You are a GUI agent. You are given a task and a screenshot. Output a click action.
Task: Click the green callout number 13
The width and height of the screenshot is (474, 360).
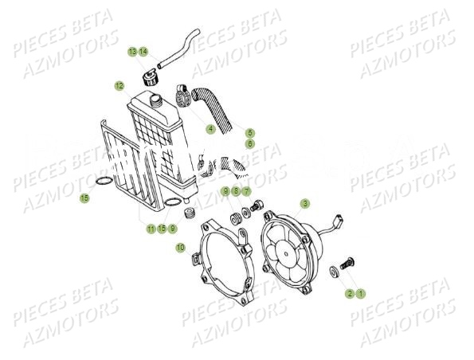tap(132, 52)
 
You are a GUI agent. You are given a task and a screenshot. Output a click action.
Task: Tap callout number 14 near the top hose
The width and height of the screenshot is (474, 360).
tap(143, 52)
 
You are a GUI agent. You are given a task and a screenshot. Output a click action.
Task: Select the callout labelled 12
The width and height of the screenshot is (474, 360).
tap(119, 85)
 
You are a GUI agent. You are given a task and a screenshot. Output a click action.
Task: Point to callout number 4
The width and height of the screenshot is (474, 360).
tap(210, 128)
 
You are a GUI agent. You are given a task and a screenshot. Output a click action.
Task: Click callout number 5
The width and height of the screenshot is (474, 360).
tap(249, 132)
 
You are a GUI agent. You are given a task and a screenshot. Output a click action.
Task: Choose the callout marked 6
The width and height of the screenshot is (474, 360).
tap(249, 144)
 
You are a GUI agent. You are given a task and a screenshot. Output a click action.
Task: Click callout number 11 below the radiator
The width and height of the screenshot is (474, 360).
tap(151, 229)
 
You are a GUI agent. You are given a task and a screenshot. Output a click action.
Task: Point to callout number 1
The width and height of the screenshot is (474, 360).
tap(360, 293)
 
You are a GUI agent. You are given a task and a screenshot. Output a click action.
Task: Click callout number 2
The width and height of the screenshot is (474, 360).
tap(349, 293)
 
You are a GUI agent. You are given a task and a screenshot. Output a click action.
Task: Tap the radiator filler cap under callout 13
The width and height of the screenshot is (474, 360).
tap(149, 78)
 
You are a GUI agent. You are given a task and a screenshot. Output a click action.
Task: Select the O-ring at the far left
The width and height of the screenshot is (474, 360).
tap(101, 186)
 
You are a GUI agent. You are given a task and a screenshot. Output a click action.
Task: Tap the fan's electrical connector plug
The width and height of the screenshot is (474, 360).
tap(339, 216)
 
